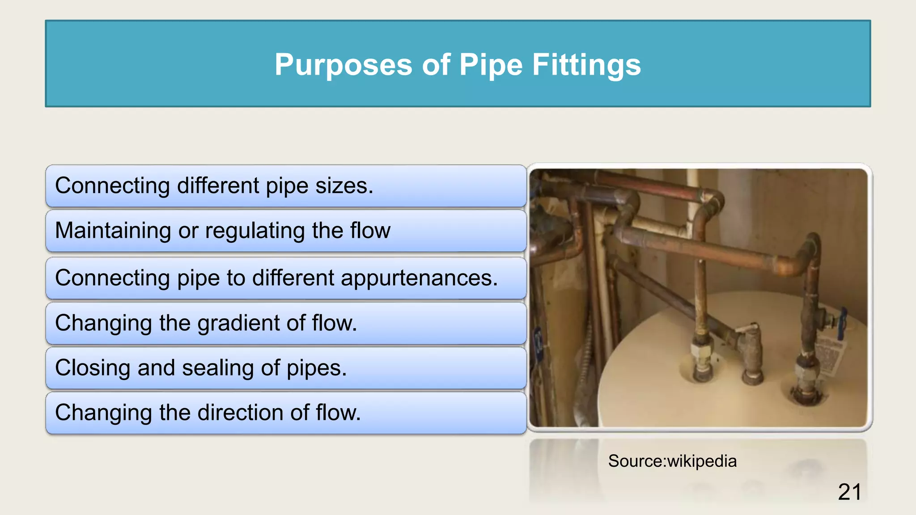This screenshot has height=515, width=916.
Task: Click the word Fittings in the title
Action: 586,65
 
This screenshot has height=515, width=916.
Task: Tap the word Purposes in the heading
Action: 343,65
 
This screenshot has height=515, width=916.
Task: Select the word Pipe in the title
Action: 491,65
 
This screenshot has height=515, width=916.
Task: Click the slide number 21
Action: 849,492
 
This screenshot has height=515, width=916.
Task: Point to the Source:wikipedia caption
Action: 672,461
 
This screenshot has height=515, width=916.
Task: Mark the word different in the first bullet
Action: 218,186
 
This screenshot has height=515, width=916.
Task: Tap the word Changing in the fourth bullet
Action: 103,323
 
